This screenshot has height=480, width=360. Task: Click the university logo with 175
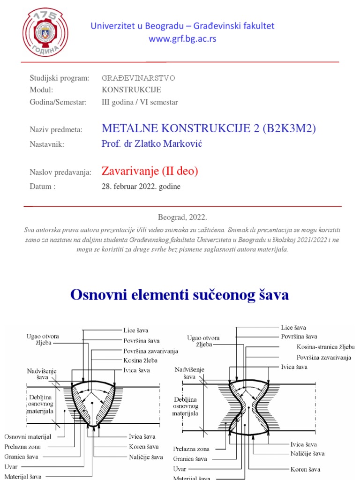pos(45,32)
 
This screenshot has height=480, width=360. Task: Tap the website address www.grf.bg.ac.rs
pos(182,39)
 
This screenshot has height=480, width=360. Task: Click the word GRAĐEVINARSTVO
pos(138,78)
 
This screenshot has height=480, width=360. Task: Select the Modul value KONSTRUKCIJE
pos(131,90)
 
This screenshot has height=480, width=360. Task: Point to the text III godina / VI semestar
pos(140,102)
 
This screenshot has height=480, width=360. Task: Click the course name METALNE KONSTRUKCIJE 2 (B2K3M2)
pos(199,129)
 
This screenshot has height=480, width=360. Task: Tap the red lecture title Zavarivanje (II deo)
pos(150,172)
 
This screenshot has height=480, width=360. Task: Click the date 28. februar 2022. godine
pos(141,187)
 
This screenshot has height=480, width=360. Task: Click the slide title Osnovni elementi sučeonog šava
pos(180,295)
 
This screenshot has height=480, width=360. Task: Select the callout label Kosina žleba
pos(140,360)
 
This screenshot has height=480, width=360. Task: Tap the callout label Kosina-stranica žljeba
pos(325,347)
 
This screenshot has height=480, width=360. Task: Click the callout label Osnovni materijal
pos(28,436)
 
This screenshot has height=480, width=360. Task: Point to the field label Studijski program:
pos(59,78)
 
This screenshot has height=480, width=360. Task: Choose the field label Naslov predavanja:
pos(60,173)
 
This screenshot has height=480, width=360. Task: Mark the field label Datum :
pos(43,187)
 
